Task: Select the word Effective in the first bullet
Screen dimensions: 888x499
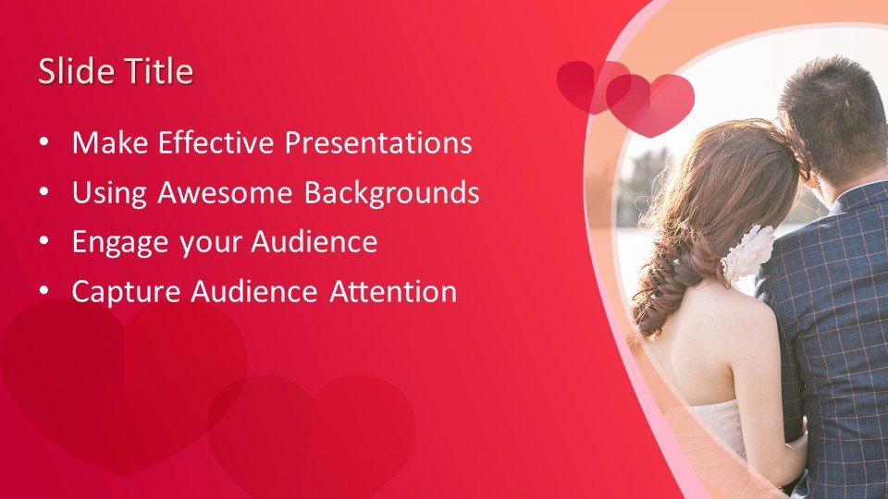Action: pos(216,142)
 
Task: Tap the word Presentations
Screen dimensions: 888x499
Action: pos(378,142)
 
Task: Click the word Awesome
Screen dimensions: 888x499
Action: pos(225,192)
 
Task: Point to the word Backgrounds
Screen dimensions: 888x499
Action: pos(392,193)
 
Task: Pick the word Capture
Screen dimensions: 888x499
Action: pos(127,293)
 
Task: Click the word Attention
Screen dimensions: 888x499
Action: pos(394,291)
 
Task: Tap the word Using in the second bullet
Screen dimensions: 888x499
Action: pos(109,193)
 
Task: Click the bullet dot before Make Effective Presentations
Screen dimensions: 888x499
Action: pos(44,143)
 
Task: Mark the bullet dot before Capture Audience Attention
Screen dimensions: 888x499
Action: pos(44,292)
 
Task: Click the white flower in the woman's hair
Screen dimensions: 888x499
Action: pos(748,252)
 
